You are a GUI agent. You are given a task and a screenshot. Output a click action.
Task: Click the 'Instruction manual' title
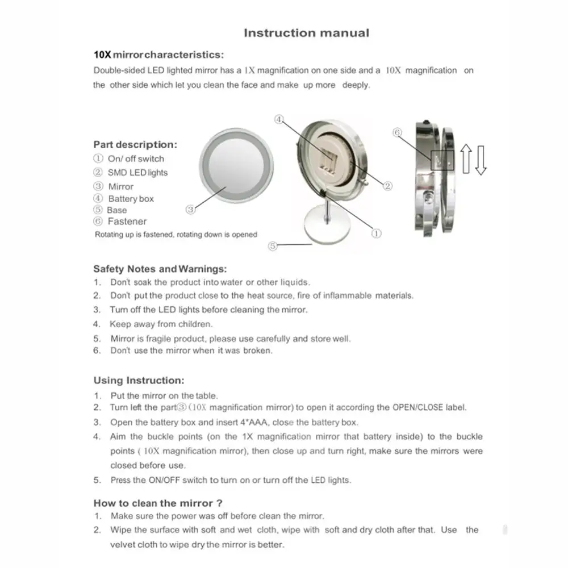(306, 33)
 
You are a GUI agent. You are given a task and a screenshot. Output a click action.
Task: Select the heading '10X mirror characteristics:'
(158, 55)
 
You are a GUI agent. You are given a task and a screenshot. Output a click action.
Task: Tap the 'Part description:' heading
(135, 145)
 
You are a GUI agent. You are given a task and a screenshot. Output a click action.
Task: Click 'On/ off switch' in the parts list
(136, 159)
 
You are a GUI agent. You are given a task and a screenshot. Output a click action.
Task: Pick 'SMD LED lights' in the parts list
(137, 173)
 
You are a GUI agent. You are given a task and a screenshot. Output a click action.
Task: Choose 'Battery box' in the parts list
(131, 199)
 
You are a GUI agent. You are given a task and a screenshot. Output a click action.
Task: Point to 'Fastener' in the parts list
(127, 222)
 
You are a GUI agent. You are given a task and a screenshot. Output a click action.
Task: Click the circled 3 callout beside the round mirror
(191, 210)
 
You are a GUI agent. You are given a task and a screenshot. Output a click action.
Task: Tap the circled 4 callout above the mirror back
(279, 119)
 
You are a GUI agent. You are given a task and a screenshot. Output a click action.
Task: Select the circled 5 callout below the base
(273, 247)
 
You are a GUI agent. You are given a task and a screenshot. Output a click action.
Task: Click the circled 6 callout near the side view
(398, 132)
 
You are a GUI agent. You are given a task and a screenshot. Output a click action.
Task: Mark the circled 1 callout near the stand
(376, 232)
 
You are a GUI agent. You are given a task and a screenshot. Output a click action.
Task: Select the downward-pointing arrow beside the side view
(481, 160)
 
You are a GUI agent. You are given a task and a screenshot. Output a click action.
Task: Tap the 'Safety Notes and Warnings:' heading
(160, 269)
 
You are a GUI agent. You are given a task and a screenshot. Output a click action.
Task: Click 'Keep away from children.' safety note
(161, 324)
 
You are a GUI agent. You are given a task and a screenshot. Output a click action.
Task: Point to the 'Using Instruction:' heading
(139, 381)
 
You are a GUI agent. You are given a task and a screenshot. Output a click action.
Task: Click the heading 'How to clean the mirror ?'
(158, 503)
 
